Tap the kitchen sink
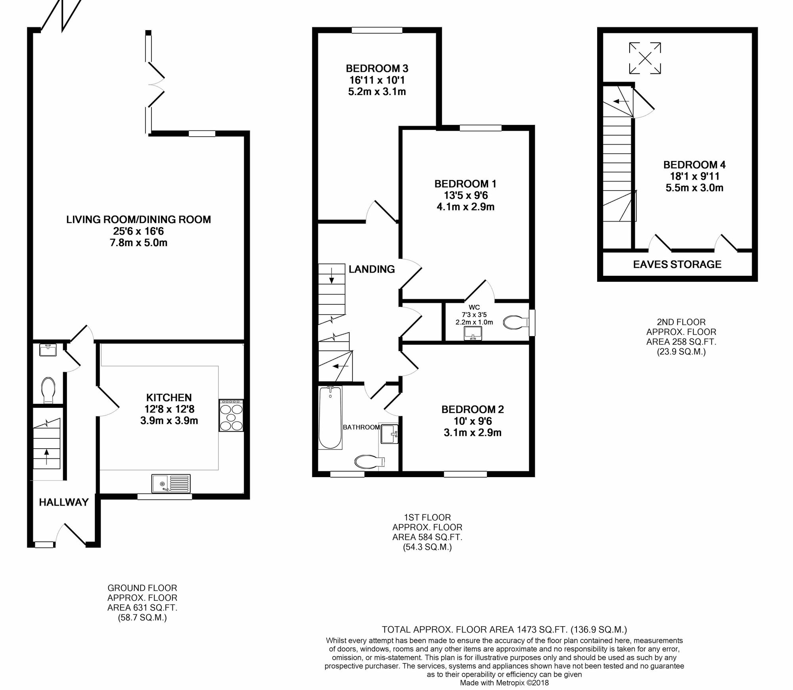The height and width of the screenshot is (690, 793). (171, 484)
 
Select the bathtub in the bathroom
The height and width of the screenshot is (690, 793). (330, 418)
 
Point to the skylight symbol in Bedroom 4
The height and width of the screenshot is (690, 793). (645, 58)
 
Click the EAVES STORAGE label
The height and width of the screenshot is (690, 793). (677, 264)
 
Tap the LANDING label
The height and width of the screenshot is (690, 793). (372, 269)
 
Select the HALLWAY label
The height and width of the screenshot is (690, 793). (63, 502)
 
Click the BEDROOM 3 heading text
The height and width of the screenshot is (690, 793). (377, 69)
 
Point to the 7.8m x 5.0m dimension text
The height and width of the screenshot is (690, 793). (138, 243)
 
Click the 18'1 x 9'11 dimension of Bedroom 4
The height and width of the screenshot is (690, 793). (694, 176)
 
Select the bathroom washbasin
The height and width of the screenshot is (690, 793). (389, 434)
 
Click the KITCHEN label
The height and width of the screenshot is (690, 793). (169, 398)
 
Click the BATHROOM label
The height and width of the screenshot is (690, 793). (361, 427)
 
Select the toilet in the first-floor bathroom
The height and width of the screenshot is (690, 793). (370, 461)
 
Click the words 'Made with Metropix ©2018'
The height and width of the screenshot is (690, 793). (504, 683)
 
